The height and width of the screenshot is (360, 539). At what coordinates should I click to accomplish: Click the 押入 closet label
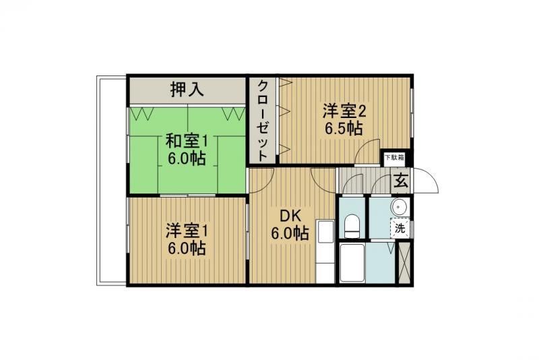[187, 89]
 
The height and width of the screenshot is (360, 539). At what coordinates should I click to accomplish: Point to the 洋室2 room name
[344, 110]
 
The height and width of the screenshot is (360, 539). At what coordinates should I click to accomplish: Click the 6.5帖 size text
[344, 128]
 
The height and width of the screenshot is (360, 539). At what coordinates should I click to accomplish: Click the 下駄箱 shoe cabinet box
[394, 158]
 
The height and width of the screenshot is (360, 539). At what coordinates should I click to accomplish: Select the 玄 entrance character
[400, 181]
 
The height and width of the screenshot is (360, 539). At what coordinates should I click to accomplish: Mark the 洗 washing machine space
[400, 228]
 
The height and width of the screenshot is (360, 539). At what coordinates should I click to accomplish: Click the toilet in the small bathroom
[351, 224]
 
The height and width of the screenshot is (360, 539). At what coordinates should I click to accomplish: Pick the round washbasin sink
[399, 207]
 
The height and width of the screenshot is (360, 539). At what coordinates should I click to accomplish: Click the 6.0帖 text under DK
[290, 234]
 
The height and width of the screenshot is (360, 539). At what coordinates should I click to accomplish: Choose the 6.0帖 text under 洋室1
[187, 248]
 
